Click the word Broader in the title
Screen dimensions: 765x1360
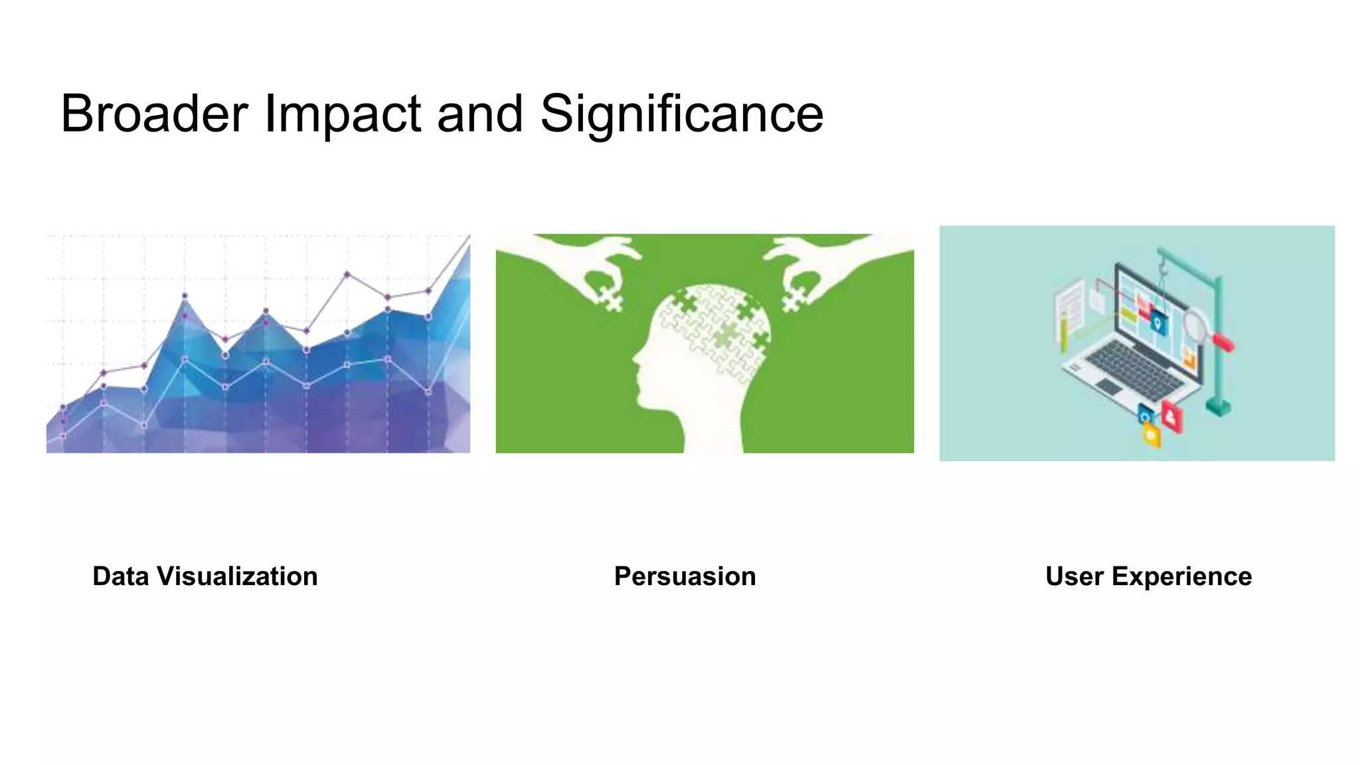click(154, 114)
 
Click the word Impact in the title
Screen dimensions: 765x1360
click(343, 114)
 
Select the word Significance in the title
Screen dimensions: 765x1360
click(681, 114)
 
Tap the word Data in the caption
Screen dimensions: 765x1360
click(120, 576)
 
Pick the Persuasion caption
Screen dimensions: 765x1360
click(685, 576)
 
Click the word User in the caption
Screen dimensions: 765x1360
click(1074, 576)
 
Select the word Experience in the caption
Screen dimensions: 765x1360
click(1181, 576)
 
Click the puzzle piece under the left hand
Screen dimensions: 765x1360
click(612, 299)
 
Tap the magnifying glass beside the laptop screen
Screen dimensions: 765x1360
click(1196, 325)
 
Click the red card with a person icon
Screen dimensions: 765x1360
click(1171, 416)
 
